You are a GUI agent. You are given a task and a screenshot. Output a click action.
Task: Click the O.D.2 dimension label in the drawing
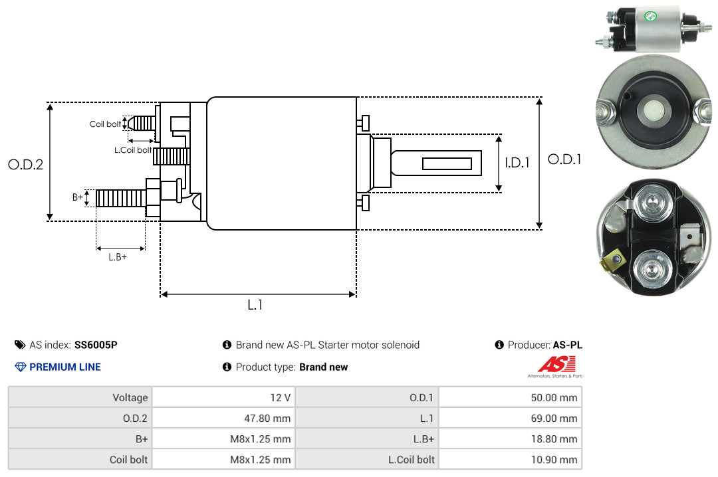26,164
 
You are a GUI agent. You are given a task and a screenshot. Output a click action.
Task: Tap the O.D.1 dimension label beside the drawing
564,159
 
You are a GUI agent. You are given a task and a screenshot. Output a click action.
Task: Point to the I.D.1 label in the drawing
517,163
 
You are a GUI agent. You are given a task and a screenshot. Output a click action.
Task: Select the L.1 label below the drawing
255,305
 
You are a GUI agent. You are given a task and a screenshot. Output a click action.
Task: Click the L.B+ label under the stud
118,257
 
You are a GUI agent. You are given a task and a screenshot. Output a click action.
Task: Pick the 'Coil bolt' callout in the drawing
105,124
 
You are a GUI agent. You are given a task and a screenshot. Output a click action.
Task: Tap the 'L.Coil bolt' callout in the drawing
133,149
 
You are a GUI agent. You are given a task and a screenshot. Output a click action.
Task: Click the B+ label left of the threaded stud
78,197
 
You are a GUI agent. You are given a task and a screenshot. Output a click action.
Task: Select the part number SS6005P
96,345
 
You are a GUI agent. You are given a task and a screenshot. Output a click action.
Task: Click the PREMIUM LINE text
65,367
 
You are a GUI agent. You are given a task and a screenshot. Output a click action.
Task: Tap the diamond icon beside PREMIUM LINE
21,367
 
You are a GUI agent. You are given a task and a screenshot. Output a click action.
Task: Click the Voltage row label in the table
130,397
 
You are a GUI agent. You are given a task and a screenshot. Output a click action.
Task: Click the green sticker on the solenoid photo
650,17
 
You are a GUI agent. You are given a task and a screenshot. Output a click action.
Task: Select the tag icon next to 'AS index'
20,345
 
